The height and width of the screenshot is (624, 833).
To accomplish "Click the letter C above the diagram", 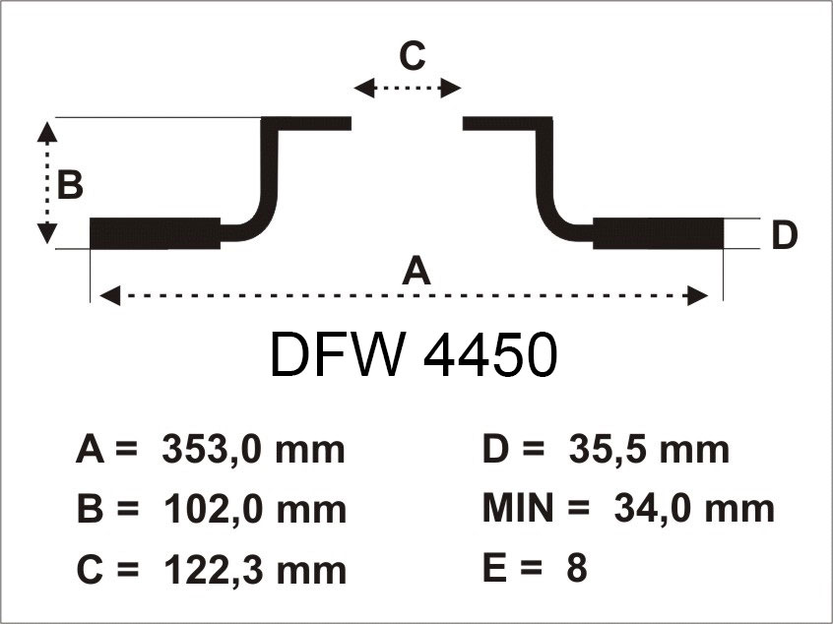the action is [413, 56].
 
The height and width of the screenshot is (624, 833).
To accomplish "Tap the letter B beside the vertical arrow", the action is [70, 185].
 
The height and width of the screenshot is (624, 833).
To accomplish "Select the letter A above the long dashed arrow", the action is [416, 270].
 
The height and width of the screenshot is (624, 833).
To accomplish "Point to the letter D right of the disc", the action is [784, 235].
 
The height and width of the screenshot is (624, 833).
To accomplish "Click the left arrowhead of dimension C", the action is [364, 89].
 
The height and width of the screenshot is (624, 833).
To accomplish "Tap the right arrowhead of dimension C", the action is [451, 89].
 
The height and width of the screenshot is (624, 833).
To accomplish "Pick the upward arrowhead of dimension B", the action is [47, 132].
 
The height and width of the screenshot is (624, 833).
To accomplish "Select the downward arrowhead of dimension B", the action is [47, 233].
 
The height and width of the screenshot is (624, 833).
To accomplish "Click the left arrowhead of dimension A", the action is [110, 295].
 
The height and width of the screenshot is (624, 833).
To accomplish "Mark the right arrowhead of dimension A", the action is [697, 295].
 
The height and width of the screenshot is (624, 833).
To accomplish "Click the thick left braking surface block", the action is [156, 233].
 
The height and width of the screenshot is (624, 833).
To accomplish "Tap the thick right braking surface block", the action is [658, 233].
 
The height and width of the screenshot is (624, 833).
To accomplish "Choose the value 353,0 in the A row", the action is [212, 450].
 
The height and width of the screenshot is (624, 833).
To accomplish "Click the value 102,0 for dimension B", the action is [213, 509].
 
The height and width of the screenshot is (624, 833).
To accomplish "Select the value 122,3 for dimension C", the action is [213, 569].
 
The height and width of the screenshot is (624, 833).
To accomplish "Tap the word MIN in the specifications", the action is [518, 508].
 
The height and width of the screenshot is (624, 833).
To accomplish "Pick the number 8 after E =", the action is [577, 567].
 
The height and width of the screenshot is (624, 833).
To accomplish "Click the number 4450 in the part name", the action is [490, 354].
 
